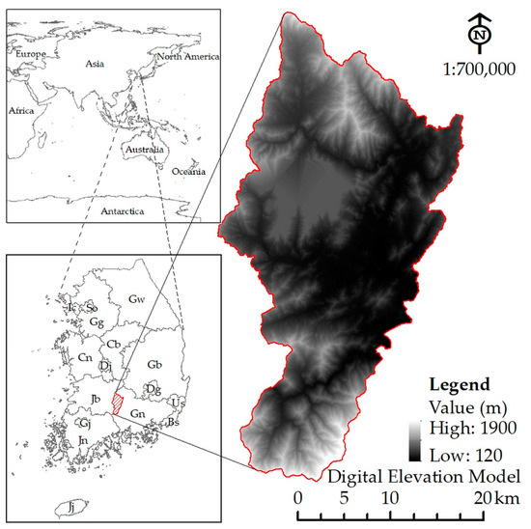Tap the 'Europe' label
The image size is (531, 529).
click(34, 57)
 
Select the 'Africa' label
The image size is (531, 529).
click(21, 111)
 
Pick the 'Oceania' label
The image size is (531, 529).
click(189, 172)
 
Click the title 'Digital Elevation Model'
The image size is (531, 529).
click(425, 477)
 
